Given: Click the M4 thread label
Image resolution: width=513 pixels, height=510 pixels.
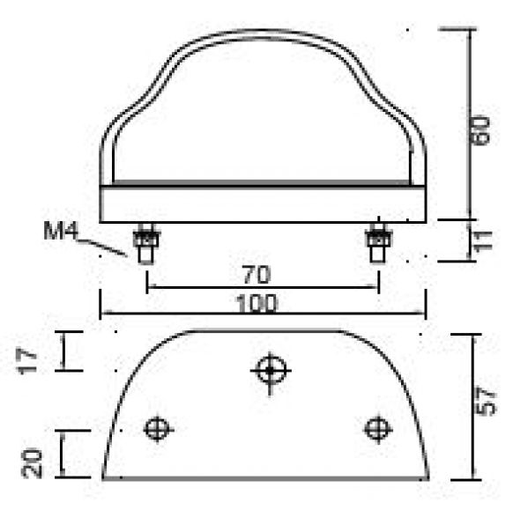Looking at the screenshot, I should coord(61,233).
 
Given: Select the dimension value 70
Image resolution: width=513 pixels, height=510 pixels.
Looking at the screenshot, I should coord(256,274).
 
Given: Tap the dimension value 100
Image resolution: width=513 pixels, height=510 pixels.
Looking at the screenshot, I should coord(257,304).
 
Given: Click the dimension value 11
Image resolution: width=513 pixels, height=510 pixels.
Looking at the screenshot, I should coord(482,240).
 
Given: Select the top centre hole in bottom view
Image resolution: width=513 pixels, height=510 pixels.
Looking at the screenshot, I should coord(269,369).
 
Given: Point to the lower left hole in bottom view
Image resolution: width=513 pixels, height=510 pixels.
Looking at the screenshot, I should coord(158,429).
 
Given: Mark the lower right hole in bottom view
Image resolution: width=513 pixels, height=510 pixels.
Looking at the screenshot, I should coord(378,429).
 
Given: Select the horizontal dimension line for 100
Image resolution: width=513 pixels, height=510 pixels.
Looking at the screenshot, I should coord(176,314).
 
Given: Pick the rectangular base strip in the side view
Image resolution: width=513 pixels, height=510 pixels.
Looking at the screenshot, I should coord(264,204).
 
